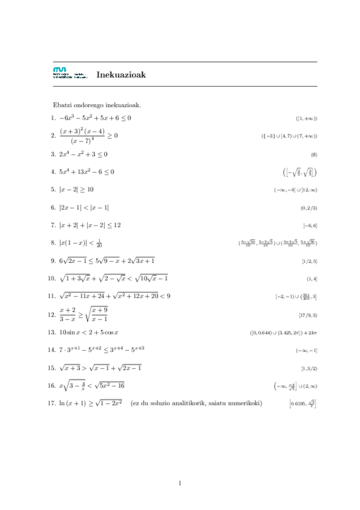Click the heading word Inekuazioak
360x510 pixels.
coord(121,75)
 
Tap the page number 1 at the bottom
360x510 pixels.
coord(180,483)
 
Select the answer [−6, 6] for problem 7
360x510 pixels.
coord(310,226)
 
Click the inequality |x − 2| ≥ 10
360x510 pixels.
coord(76,189)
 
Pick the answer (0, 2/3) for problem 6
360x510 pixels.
coord(308,207)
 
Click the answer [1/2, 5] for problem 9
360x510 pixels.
coord(310,262)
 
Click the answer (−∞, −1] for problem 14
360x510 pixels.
coord(307,350)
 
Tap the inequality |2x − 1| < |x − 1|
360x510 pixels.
coord(84,207)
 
